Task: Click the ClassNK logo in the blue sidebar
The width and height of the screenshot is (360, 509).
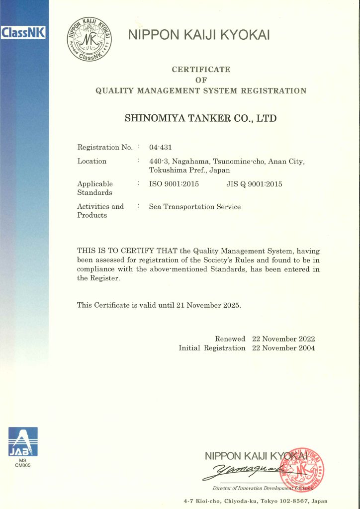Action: pyautogui.click(x=23, y=33)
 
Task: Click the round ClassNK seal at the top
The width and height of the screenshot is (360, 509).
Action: pyautogui.click(x=90, y=38)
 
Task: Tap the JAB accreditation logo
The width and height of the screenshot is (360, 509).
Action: pyautogui.click(x=23, y=442)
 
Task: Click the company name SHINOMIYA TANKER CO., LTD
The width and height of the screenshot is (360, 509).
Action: pyautogui.click(x=200, y=118)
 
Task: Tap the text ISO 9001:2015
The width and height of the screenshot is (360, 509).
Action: pyautogui.click(x=174, y=184)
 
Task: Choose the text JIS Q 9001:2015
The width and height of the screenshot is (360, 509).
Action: pyautogui.click(x=251, y=184)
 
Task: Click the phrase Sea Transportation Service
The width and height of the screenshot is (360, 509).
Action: pyautogui.click(x=195, y=207)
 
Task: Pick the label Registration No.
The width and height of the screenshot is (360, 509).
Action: pyautogui.click(x=105, y=147)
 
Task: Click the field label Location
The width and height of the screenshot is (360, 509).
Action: pyautogui.click(x=92, y=161)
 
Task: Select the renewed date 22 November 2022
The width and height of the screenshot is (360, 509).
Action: pyautogui.click(x=283, y=339)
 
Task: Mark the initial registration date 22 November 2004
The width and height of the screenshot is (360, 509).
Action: pyautogui.click(x=283, y=348)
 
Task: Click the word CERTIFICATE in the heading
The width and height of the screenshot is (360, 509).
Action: pyautogui.click(x=201, y=70)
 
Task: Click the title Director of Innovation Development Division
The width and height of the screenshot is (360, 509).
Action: pyautogui.click(x=259, y=488)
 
